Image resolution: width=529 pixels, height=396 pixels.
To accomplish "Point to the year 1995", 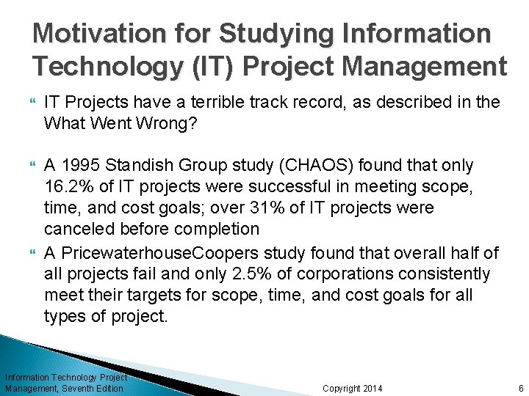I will (82, 166).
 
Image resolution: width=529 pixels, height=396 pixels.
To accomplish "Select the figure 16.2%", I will (68, 187).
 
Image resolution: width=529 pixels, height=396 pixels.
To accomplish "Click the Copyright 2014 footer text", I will (353, 388).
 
